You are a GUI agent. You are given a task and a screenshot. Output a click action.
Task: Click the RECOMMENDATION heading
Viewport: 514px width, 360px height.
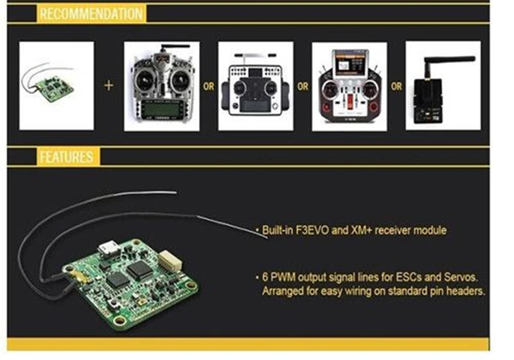pos(91,14)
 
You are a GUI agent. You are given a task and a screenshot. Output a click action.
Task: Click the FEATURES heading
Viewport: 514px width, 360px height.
pos(67,157)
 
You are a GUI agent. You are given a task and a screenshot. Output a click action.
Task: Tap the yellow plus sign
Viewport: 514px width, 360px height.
pos(109,85)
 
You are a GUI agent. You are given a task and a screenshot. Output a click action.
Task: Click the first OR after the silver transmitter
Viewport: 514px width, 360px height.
pos(208,86)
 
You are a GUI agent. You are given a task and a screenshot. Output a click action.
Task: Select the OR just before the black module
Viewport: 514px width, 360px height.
pos(396,86)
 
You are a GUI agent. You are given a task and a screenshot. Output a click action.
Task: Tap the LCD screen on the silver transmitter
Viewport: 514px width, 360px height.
pos(162,109)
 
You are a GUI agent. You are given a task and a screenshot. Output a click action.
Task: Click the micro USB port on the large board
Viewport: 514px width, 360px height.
pos(108,249)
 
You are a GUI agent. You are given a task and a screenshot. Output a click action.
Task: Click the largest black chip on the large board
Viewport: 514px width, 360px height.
pos(140,271)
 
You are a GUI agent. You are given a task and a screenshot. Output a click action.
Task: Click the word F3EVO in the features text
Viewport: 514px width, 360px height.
pos(312,230)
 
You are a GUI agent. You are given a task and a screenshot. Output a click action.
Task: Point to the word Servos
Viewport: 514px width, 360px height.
pos(461,277)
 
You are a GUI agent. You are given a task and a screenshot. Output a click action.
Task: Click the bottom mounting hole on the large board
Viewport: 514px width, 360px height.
pos(118,320)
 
